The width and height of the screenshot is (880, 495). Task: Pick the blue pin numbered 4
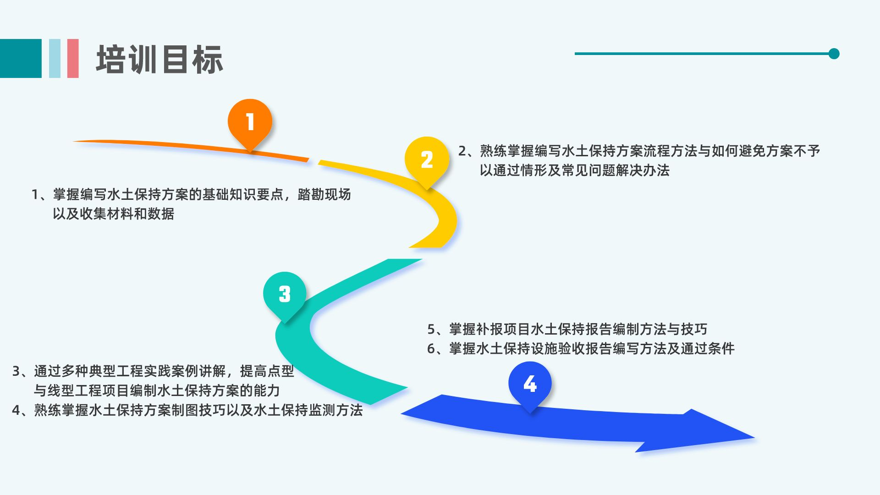[x=530, y=384]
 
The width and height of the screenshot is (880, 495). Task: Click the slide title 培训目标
[x=159, y=60]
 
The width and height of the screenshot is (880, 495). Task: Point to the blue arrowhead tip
[x=754, y=438]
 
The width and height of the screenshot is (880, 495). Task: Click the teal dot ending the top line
[x=834, y=54]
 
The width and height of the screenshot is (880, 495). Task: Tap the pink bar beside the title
[x=73, y=58]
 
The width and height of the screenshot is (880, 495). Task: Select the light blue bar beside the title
[x=55, y=58]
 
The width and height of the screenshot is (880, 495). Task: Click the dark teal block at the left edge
[x=21, y=58]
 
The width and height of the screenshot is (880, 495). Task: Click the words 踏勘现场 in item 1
[x=324, y=194]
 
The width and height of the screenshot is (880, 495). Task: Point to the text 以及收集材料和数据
[x=113, y=214]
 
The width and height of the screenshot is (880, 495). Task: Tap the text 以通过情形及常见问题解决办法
[x=575, y=170]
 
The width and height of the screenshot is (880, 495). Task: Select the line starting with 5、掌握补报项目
[x=567, y=329]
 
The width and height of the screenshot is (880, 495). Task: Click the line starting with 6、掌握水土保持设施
[x=581, y=349]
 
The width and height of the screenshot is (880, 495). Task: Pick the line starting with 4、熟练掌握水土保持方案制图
[x=187, y=410]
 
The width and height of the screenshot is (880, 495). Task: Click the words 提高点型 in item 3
[x=267, y=371]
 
